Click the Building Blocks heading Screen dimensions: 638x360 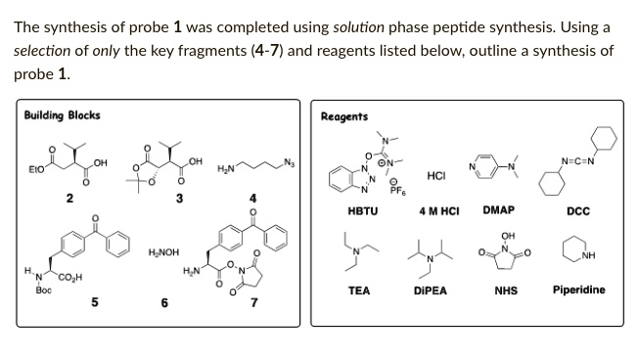pos(62,115)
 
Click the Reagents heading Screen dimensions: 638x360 pos(343,116)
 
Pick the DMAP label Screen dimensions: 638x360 pos(499,210)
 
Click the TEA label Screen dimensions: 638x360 pos(358,291)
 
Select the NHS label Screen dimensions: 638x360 pos(505,291)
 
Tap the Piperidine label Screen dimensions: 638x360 pos(578,290)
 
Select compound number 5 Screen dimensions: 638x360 pos(94,303)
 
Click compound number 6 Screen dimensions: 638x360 pos(164,303)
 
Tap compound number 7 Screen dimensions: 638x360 pos(253,303)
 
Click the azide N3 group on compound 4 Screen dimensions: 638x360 pos(287,162)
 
